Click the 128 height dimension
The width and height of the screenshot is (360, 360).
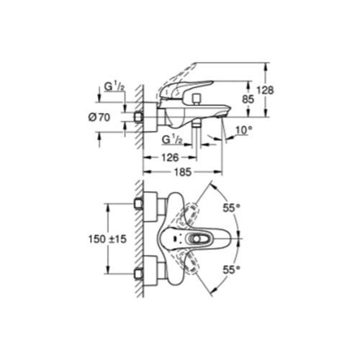point(265,91)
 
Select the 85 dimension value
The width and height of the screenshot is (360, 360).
point(248,99)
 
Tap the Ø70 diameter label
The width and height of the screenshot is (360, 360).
point(99,117)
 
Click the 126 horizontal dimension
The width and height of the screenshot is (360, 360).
point(170,158)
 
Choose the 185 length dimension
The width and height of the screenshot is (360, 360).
point(183,172)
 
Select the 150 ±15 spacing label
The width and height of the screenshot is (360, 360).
point(107,239)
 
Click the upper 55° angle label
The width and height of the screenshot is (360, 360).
point(232,208)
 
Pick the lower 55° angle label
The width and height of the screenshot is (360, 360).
point(232,270)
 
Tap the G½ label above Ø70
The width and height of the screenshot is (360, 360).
point(114,86)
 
